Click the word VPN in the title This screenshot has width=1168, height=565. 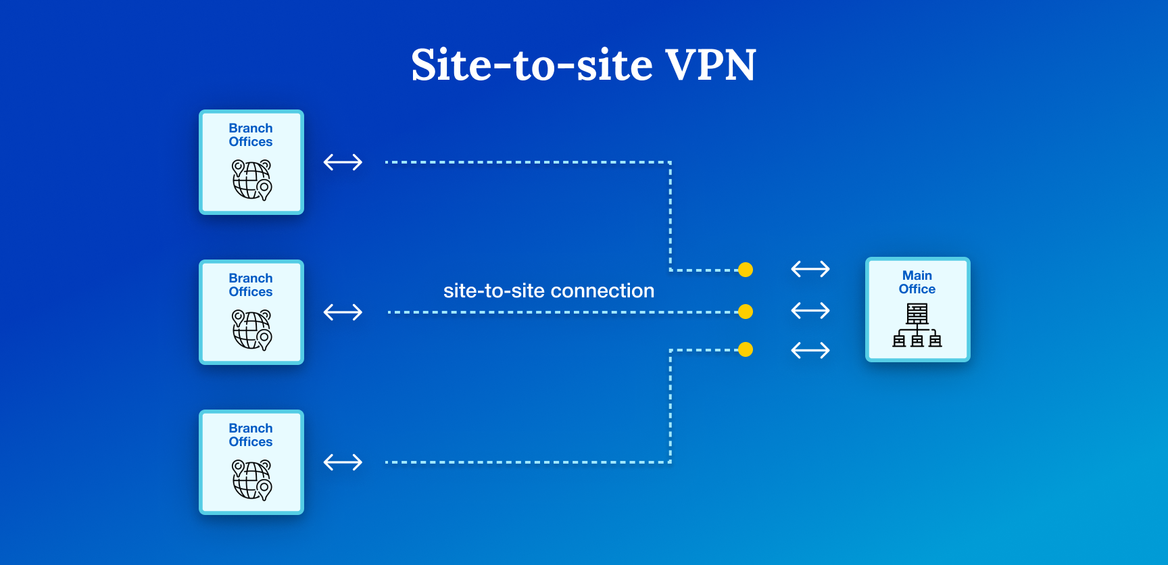point(710,65)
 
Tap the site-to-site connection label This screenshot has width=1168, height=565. point(548,291)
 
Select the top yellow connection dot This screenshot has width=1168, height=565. point(746,270)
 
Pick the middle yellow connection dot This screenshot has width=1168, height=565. point(746,312)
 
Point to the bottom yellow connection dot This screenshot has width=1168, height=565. point(746,349)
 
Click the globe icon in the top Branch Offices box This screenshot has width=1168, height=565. point(251,180)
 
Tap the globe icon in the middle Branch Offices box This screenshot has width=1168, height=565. point(251,330)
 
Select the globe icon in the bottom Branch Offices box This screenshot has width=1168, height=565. point(251,480)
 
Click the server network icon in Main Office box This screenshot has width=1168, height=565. point(917,325)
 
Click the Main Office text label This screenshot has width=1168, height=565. point(917,282)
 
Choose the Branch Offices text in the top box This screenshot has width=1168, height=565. point(251,135)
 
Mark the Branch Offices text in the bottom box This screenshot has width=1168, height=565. point(251,435)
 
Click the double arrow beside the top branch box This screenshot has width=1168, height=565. point(343,162)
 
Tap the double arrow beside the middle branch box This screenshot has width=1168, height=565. point(343,312)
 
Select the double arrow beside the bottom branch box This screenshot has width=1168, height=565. point(343,462)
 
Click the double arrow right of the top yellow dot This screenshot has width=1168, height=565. point(810,269)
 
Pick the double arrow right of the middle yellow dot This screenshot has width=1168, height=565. point(810,311)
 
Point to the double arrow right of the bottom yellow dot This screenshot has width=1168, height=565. point(810,350)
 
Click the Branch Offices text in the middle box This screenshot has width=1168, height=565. point(251,285)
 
